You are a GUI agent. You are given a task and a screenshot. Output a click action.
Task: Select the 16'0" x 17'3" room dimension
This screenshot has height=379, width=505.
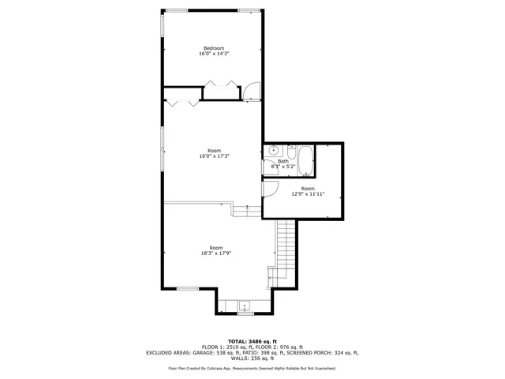pyautogui.click(x=214, y=156)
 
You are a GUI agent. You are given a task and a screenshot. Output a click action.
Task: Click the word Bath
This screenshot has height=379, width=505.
pyautogui.click(x=282, y=161)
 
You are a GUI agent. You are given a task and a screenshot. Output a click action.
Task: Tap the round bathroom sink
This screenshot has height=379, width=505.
pyautogui.click(x=273, y=149)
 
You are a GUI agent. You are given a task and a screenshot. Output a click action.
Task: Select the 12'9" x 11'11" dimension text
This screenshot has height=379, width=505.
pyautogui.click(x=308, y=193)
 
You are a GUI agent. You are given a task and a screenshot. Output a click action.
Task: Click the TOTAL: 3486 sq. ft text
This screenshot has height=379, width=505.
pyautogui.click(x=252, y=340)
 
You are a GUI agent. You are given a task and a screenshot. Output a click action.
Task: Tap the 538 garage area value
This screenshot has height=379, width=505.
pyautogui.click(x=222, y=353)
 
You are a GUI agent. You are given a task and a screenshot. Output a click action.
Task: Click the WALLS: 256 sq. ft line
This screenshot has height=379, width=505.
pyautogui.click(x=252, y=359)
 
